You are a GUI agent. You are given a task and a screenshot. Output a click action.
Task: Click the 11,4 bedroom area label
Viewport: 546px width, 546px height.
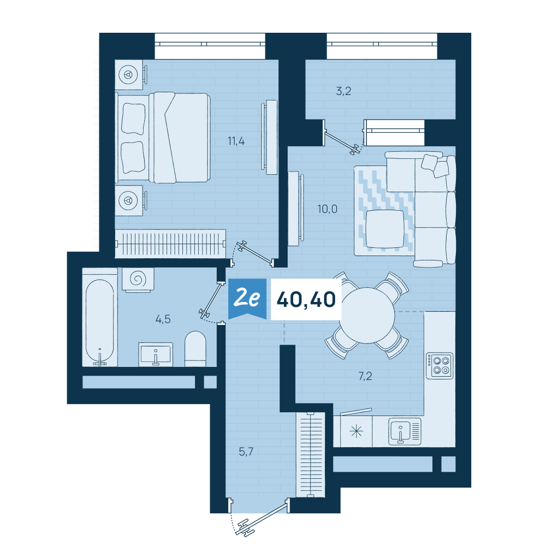(236, 141)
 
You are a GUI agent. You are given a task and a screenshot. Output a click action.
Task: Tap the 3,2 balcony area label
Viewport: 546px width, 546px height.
(343, 91)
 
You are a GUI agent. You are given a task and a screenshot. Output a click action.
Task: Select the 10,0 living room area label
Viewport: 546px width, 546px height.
(327, 209)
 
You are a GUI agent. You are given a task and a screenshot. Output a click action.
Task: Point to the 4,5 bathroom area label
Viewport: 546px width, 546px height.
(163, 319)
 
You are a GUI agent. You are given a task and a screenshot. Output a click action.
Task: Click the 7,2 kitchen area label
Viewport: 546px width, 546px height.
(365, 376)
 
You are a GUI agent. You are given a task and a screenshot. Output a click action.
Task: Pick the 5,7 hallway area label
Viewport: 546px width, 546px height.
(246, 452)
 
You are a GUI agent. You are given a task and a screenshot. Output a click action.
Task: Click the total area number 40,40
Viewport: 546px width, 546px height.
(306, 299)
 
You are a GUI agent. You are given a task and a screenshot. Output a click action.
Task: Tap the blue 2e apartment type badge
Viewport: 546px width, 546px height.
(247, 299)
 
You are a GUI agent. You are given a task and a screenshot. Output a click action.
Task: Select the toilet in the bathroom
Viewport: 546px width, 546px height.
(195, 348)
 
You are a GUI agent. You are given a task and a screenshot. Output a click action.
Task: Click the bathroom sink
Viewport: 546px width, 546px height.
(156, 354)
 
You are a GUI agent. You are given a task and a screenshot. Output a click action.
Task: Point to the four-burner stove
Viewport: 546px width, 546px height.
(440, 365)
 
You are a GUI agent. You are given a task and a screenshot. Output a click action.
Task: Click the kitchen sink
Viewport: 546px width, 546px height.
(404, 431)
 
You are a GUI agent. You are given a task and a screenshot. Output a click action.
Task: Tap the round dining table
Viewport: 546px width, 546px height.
(367, 316)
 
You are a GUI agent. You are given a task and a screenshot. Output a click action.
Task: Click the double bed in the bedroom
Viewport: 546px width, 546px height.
(163, 138)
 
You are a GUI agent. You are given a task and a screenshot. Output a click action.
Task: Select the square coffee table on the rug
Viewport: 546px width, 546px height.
(385, 229)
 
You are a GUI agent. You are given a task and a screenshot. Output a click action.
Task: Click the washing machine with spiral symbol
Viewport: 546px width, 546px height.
(138, 279)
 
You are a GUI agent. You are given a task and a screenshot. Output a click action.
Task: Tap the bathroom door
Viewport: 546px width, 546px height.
(211, 301)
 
